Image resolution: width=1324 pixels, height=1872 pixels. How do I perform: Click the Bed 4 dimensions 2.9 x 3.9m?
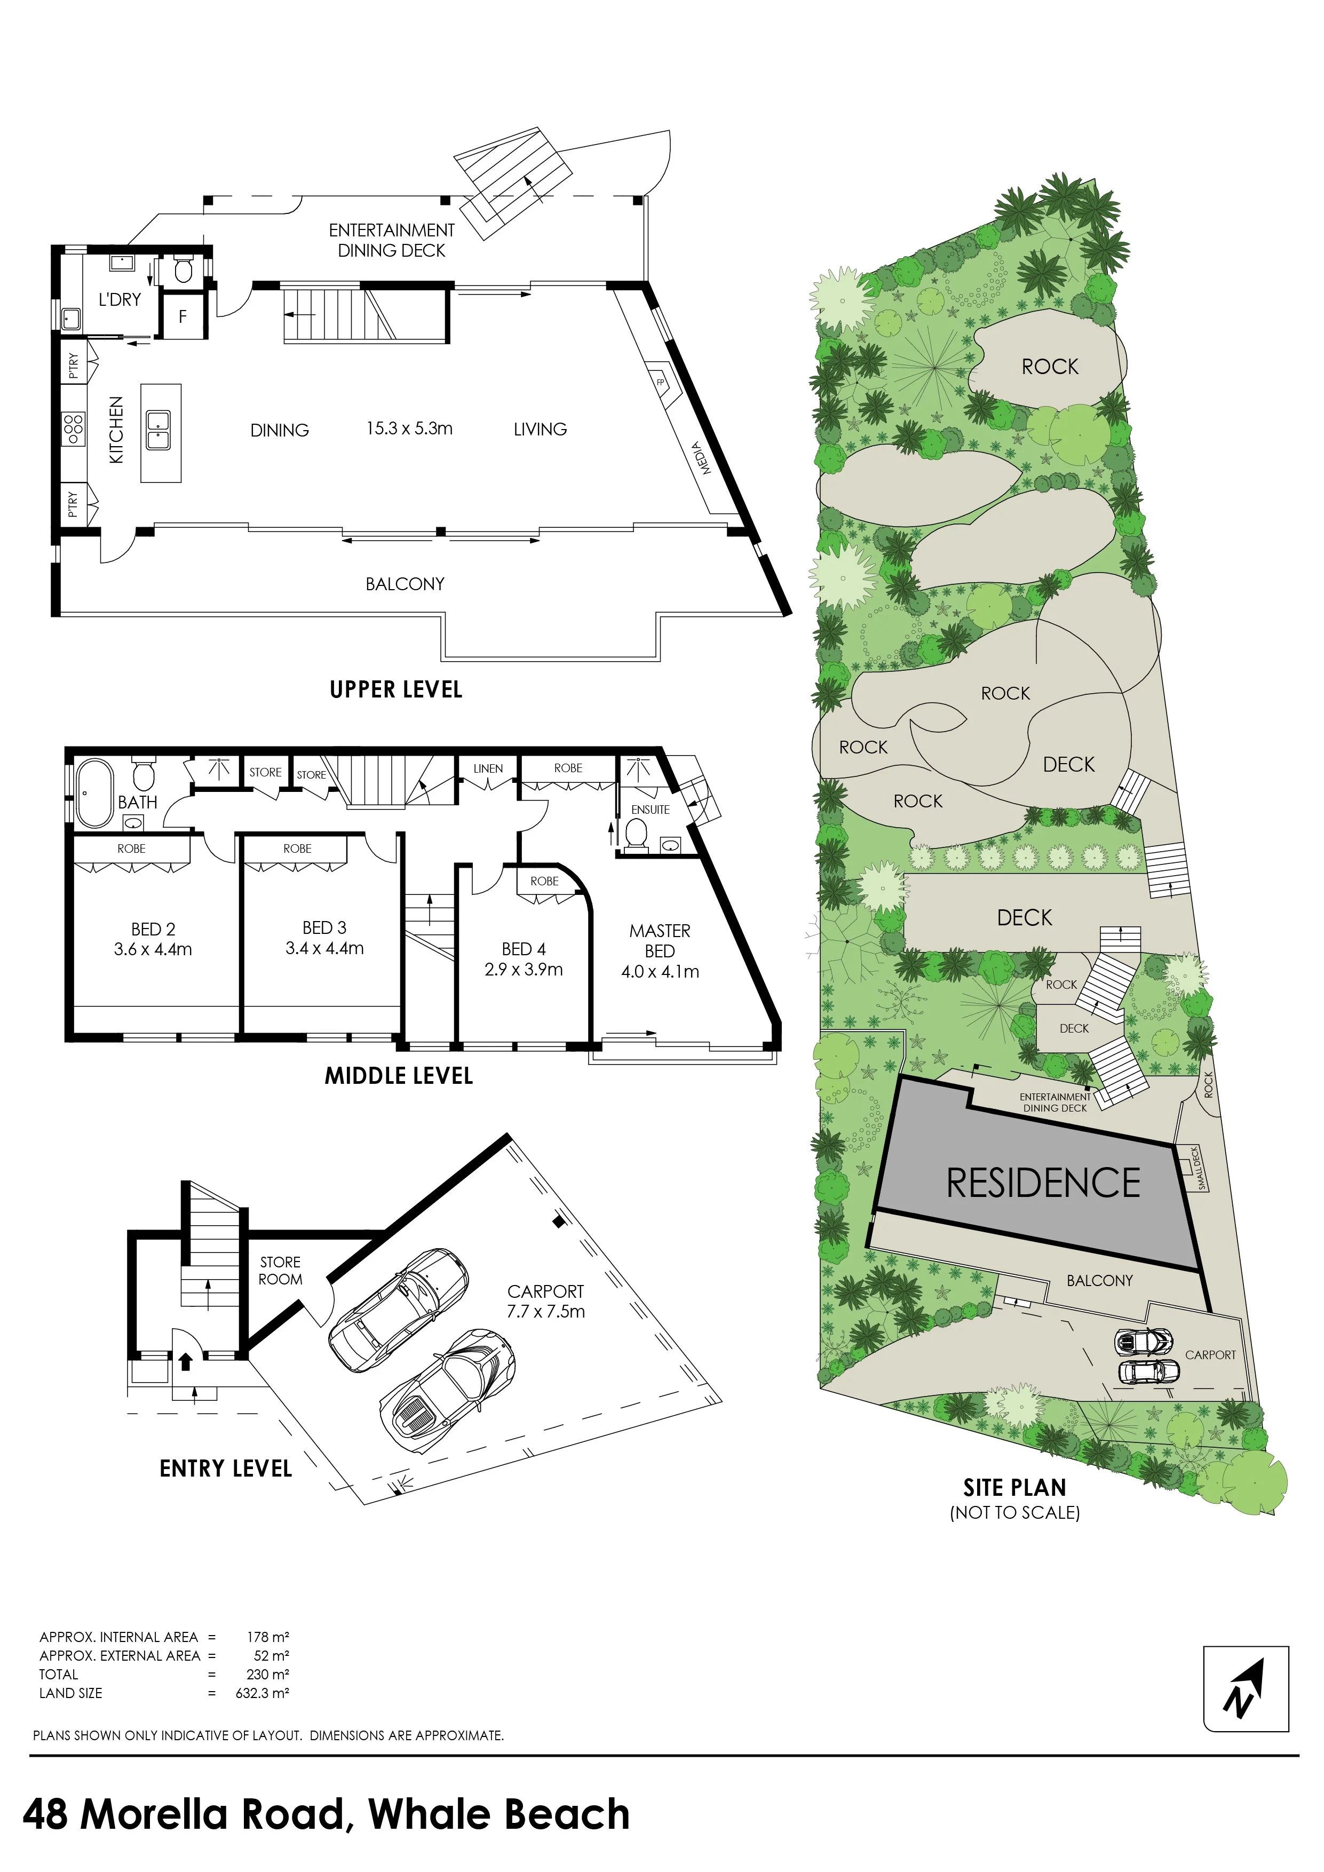point(524,970)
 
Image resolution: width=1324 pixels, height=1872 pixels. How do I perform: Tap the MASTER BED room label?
point(660,941)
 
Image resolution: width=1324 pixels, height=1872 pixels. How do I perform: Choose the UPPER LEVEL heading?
point(396,690)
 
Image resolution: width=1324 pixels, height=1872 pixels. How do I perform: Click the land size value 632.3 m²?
point(263,1693)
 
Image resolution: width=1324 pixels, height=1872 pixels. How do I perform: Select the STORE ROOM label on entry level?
point(281,1270)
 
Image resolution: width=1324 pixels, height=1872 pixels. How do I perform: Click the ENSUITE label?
point(651,810)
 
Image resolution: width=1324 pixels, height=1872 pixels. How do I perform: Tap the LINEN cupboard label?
point(488,768)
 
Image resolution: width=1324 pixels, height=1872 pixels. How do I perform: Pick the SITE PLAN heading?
point(1015,1488)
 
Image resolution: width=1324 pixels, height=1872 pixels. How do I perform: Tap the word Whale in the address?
point(428,1815)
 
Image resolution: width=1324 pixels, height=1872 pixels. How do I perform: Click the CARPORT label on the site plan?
point(1210,1354)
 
